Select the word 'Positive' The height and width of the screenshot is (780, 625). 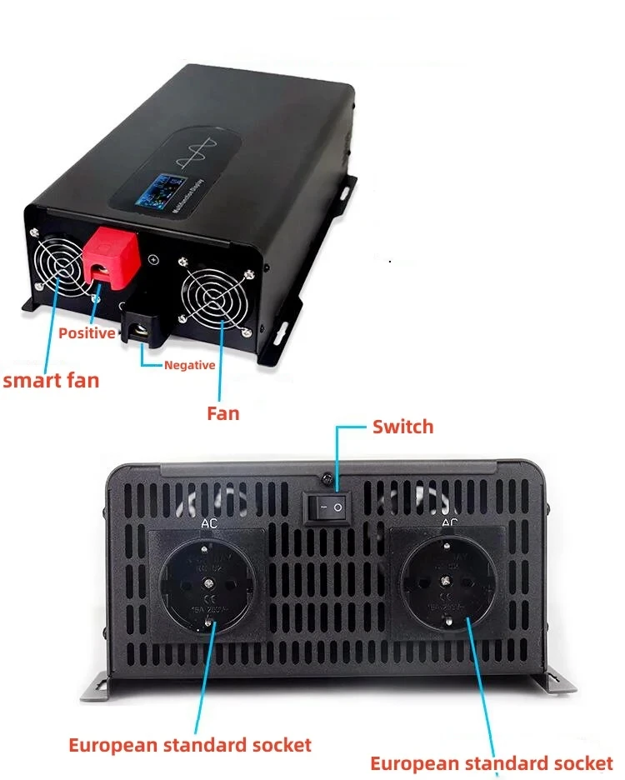87,333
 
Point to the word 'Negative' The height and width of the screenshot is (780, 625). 190,365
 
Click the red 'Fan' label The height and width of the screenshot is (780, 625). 222,412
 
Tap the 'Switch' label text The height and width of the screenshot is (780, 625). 402,427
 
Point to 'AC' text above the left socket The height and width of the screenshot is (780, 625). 209,526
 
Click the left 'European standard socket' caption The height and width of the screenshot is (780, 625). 190,744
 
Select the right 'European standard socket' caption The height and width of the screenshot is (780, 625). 491,763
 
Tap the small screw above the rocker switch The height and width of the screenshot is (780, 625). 327,479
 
